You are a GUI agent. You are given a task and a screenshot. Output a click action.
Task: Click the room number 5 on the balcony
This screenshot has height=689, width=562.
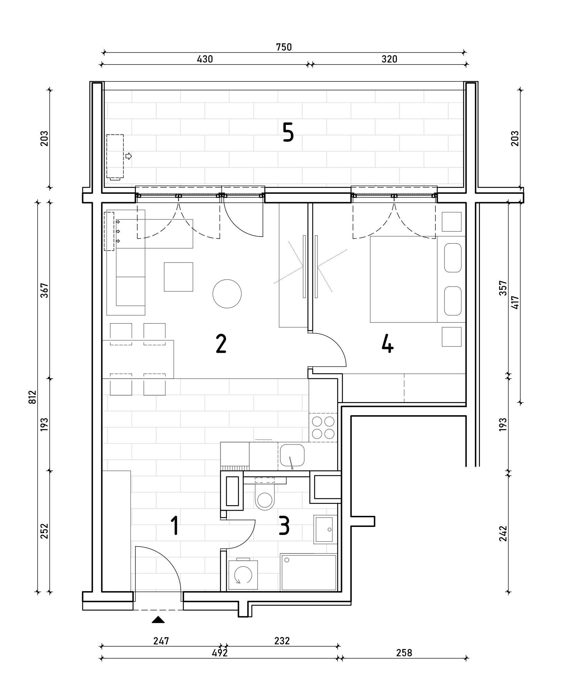click(x=288, y=133)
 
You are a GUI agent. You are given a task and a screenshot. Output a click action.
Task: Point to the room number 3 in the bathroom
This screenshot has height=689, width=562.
click(x=284, y=526)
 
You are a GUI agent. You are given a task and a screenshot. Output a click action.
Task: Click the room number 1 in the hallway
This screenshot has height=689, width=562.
click(x=175, y=526)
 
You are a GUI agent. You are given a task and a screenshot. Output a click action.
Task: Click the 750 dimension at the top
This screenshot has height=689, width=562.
click(x=284, y=47)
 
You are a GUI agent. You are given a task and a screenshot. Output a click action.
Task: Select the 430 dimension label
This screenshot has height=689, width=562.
click(x=205, y=59)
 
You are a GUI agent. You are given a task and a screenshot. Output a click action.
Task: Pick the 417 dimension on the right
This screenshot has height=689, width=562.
click(x=515, y=302)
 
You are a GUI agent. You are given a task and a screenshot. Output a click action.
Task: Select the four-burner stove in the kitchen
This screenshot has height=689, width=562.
click(x=323, y=428)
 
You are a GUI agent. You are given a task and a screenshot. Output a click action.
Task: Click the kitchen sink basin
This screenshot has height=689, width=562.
click(x=292, y=455)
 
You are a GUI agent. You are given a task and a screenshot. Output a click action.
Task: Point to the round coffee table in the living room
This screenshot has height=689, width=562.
click(x=227, y=294)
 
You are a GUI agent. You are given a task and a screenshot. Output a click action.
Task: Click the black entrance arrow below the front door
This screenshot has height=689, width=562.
click(x=158, y=619)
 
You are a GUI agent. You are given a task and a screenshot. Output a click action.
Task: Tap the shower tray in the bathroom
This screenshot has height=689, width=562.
click(x=309, y=572)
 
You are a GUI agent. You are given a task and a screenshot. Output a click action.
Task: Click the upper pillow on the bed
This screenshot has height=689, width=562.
click(x=453, y=258)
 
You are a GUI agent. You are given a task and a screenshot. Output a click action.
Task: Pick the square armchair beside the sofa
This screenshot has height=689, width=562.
click(x=178, y=277)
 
